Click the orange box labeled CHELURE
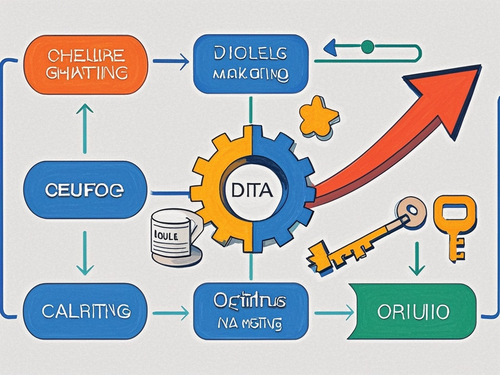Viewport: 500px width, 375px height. click(x=85, y=64)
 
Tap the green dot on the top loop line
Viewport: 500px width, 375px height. click(x=367, y=47)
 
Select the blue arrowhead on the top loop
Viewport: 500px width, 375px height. click(x=331, y=47)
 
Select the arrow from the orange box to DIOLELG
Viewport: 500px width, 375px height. click(x=171, y=62)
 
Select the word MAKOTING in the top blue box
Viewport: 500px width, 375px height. click(x=251, y=76)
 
